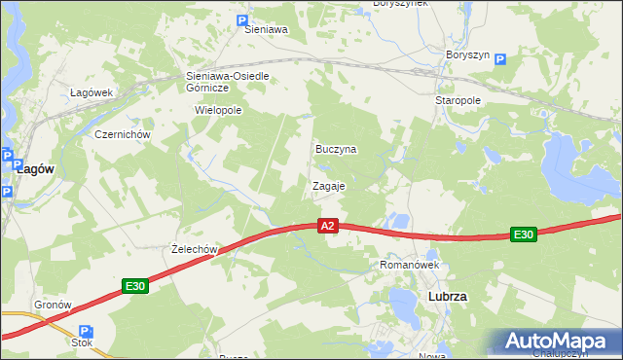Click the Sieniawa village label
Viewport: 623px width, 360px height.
click(266, 30)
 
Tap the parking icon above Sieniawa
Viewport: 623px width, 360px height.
click(242, 19)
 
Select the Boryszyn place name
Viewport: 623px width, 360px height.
click(467, 54)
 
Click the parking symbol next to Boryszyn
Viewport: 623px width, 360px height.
click(500, 59)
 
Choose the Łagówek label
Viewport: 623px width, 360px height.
click(92, 92)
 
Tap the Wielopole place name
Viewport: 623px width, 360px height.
click(218, 111)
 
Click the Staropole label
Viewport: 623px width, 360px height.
click(458, 100)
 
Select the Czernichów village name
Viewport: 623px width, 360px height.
click(121, 134)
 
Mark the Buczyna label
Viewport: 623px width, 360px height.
click(336, 150)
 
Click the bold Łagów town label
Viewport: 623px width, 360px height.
click(35, 168)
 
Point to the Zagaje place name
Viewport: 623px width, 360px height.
click(329, 185)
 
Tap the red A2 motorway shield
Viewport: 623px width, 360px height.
click(328, 226)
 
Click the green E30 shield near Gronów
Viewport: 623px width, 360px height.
click(135, 286)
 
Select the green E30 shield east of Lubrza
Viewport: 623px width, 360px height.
click(524, 234)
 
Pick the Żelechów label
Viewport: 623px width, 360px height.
click(192, 249)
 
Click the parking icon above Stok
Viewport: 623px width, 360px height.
click(84, 331)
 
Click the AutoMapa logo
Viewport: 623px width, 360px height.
click(556, 342)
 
